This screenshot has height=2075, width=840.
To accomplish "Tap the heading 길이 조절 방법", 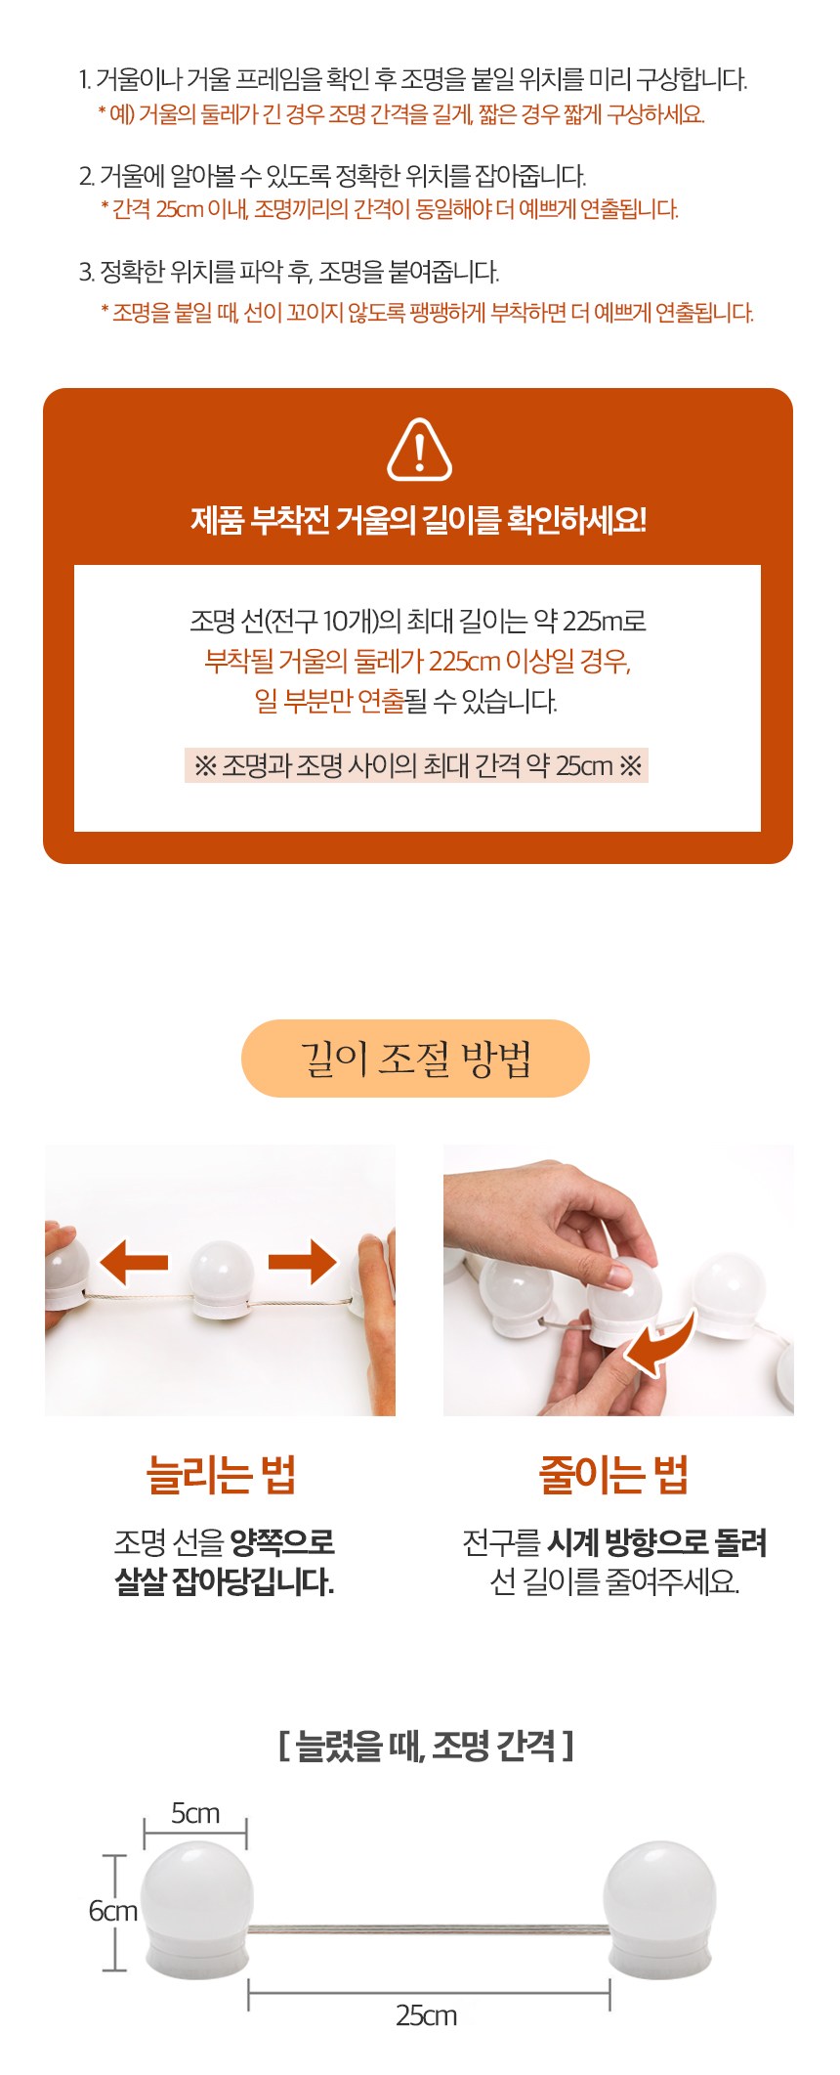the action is [x=416, y=1059].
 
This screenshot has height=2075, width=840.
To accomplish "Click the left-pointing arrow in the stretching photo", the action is [x=135, y=1263].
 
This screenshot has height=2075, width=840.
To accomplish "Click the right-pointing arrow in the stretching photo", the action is [x=304, y=1261].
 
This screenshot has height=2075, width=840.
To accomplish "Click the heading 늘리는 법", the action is [x=221, y=1474].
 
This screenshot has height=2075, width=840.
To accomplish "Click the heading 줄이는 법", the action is [x=614, y=1474].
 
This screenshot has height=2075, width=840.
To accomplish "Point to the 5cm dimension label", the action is [x=195, y=1813].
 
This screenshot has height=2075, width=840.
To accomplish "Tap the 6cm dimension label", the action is [x=113, y=1911].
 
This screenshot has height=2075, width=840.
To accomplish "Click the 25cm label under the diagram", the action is [x=427, y=2015].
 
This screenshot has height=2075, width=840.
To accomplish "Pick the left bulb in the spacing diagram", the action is [x=196, y=1910].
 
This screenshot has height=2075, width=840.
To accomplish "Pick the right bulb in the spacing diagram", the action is [x=659, y=1910].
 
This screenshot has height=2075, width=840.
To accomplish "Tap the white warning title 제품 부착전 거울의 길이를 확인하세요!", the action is [x=418, y=520].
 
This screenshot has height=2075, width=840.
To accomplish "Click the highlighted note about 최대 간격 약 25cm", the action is [x=417, y=765].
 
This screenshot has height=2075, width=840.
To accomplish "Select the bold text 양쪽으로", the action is [x=282, y=1542].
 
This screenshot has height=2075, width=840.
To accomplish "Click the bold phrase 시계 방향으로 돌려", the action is [x=656, y=1542].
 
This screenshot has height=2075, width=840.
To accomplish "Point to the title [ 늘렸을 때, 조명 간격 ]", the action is [x=426, y=1745].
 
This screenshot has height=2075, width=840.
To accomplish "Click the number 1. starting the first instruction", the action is [x=85, y=79].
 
